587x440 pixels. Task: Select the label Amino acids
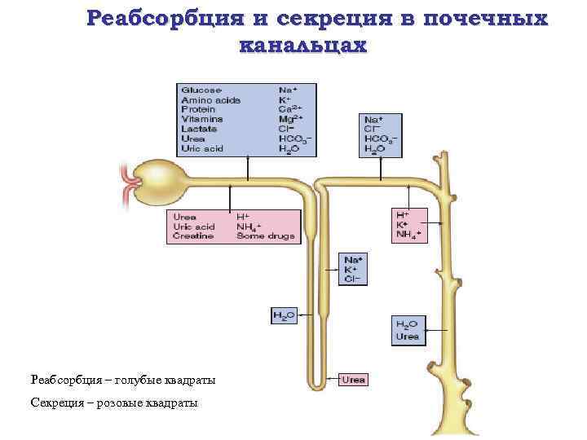point(210,99)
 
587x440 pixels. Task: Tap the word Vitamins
point(203,119)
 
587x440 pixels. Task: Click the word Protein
point(199,109)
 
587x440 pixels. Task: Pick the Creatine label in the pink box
point(194,236)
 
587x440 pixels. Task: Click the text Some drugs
point(263,236)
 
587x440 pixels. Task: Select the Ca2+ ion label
point(290,109)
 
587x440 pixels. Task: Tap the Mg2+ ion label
point(291,119)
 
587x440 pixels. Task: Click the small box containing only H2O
point(282,315)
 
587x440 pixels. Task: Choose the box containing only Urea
point(354,379)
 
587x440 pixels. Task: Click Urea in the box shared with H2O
point(408,336)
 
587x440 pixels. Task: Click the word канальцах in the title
point(303,46)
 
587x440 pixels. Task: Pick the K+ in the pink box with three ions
point(402,226)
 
